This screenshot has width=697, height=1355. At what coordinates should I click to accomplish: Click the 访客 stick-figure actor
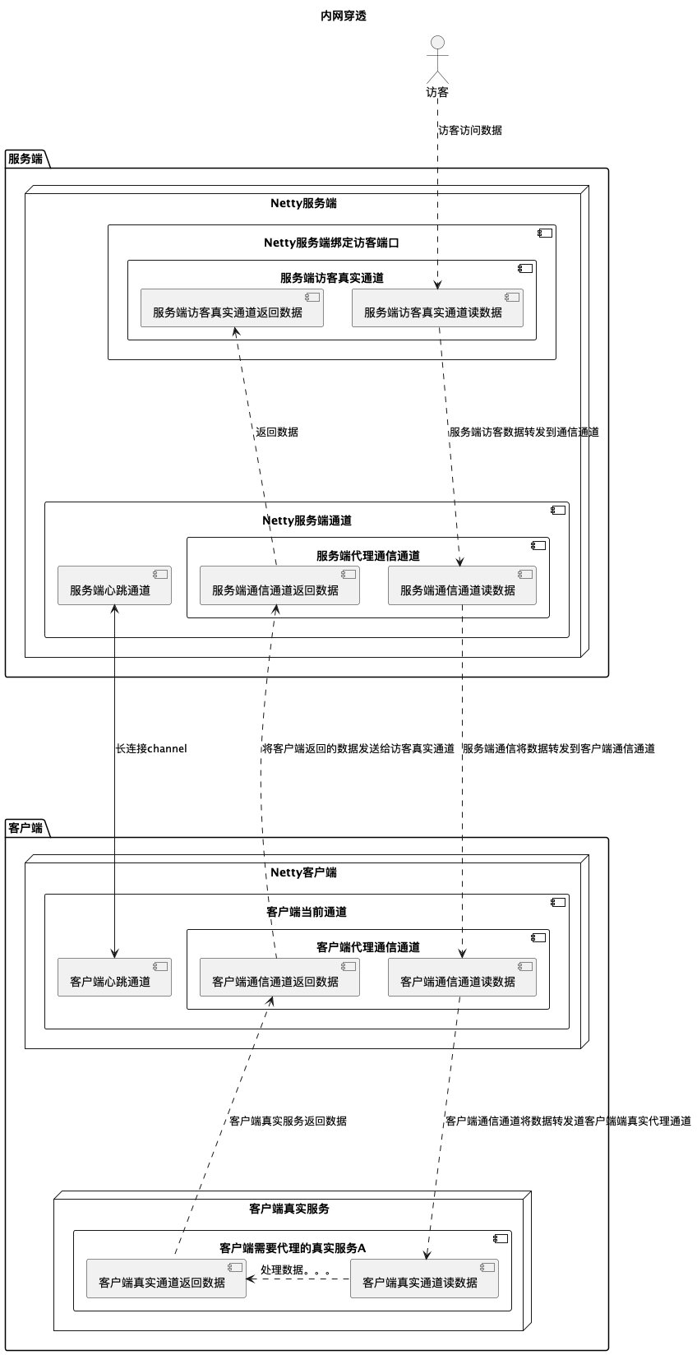tap(437, 59)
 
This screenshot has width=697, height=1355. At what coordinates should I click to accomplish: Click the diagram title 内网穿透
tap(344, 16)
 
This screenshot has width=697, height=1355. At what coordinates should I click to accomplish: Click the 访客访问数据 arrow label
tap(469, 130)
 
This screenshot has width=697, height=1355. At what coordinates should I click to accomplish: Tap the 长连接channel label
tap(151, 748)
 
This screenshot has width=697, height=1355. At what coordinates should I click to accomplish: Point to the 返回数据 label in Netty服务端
tap(277, 432)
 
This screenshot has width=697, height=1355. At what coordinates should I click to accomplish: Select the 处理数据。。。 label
tap(295, 1269)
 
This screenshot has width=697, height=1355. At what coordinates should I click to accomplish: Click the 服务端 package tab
tap(25, 159)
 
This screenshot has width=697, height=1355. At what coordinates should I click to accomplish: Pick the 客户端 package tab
tap(25, 828)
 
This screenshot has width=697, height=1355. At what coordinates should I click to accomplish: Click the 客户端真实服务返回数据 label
tap(288, 1121)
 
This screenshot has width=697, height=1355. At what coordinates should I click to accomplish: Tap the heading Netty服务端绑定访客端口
tap(331, 243)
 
